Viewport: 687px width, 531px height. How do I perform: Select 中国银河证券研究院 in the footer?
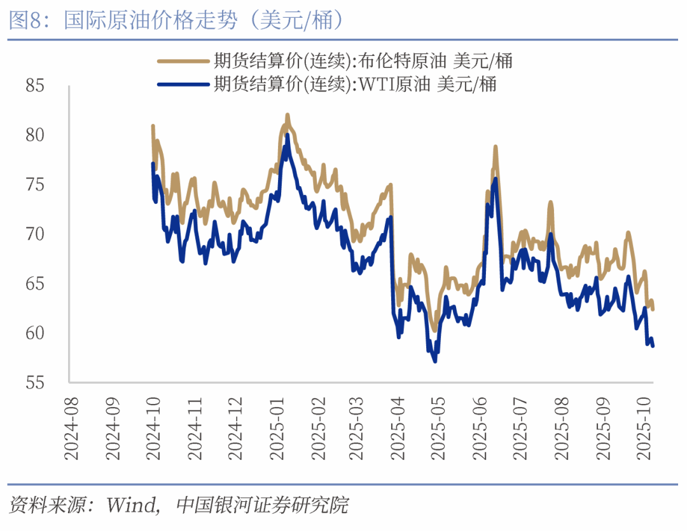[x=262, y=506]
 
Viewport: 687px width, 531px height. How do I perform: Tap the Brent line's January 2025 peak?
[x=288, y=115]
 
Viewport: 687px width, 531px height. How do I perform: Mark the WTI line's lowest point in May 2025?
[x=435, y=361]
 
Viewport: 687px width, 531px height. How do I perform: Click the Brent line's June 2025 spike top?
[x=495, y=147]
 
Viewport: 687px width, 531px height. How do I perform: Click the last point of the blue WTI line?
[x=653, y=346]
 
